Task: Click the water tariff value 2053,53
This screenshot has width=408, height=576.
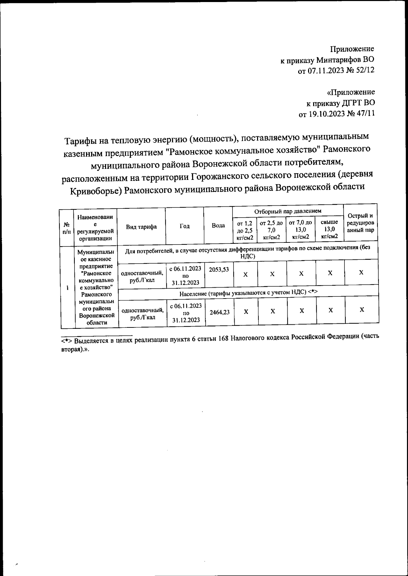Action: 219,270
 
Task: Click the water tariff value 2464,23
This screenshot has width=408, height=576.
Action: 219,312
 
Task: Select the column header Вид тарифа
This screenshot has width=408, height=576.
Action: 141,227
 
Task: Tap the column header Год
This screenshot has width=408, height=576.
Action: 184,226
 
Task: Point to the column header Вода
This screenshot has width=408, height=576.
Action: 218,226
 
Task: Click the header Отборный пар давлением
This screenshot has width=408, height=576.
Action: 288,211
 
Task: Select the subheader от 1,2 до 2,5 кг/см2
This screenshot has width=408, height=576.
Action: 245,230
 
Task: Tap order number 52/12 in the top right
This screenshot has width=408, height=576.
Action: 364,70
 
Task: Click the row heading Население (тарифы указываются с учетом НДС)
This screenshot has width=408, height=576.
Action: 248,292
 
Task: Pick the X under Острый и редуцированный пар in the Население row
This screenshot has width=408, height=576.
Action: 362,309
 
